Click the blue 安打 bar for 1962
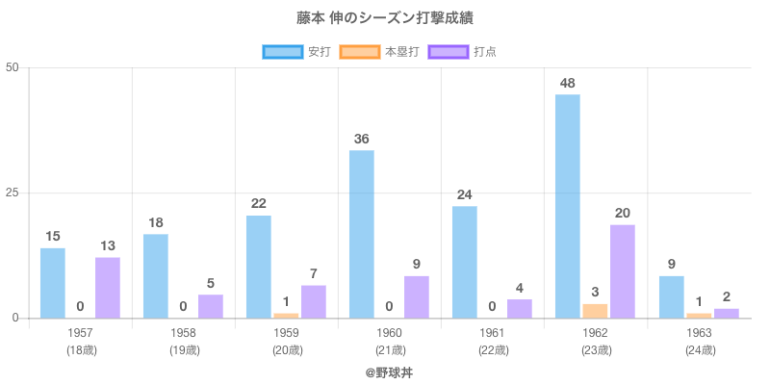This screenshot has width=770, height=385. click(x=568, y=206)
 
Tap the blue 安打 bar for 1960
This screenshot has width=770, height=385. click(x=362, y=234)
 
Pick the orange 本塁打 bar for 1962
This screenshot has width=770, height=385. click(x=595, y=311)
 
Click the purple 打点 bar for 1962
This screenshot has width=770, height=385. click(x=623, y=271)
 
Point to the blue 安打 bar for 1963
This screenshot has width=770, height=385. click(x=671, y=296)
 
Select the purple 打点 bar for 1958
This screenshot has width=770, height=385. click(x=211, y=306)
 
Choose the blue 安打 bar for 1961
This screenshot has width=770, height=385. click(x=465, y=262)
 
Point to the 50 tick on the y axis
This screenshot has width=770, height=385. click(x=13, y=67)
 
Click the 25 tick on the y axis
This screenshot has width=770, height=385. click(x=13, y=192)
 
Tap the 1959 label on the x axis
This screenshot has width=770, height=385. click(x=287, y=332)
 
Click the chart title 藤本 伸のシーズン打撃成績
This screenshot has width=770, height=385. click(x=385, y=18)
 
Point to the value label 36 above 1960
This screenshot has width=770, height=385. click(x=362, y=139)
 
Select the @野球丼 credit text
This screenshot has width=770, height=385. click(x=385, y=372)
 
